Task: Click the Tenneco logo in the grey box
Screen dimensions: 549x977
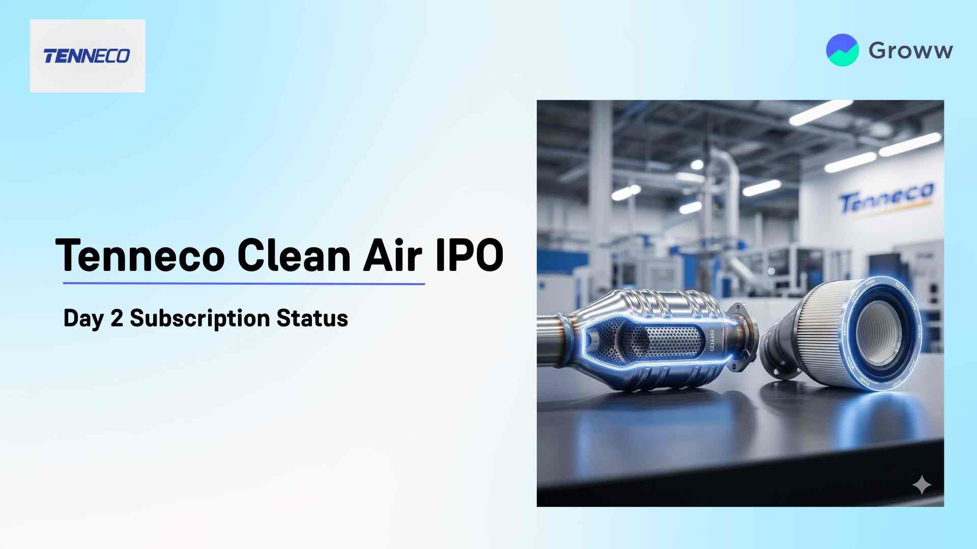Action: (x=87, y=56)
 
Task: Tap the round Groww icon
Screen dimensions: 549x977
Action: (x=842, y=50)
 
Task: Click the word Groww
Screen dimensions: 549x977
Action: (x=910, y=50)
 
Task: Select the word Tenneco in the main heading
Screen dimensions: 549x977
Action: (x=140, y=255)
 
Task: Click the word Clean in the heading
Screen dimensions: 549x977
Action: (x=294, y=255)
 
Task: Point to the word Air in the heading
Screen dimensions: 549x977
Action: (x=392, y=255)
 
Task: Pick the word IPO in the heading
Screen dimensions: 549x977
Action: (x=469, y=255)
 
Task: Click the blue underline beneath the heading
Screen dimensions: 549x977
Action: (x=244, y=284)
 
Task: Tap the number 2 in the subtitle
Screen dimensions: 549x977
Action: (x=117, y=319)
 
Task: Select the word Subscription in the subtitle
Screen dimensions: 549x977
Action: (x=199, y=319)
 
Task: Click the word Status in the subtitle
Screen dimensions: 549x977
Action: (x=312, y=319)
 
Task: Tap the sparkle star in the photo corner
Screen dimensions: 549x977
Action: (x=922, y=485)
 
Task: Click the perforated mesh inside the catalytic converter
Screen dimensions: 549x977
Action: (x=667, y=341)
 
